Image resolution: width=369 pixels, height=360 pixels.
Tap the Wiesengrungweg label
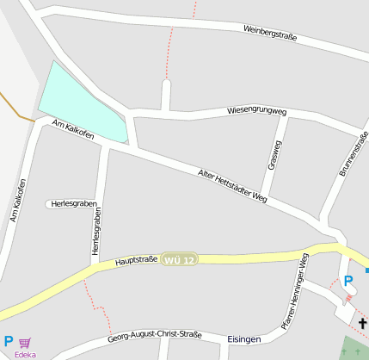coord(256,111)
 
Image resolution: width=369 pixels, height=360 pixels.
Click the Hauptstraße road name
coord(136,259)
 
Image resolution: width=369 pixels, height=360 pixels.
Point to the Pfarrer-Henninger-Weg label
coord(294,292)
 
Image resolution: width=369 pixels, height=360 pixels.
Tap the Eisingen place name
coord(244,339)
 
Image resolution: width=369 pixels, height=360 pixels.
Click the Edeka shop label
coord(25,354)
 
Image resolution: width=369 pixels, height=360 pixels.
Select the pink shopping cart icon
coord(25,343)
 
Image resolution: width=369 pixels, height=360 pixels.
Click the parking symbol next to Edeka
coord(9,341)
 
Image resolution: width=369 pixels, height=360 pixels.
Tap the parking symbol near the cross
coord(348,281)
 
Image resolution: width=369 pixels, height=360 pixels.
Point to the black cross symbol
coord(364,324)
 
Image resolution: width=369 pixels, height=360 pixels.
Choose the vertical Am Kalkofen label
coord(18,201)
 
